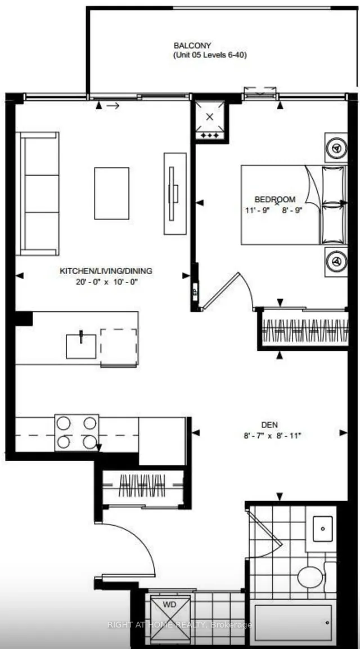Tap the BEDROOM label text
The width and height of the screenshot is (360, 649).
[x=275, y=199]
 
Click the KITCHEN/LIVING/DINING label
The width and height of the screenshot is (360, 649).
[x=106, y=271]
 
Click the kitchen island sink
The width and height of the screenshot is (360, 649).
[x=81, y=345]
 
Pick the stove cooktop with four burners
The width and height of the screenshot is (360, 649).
[x=76, y=432]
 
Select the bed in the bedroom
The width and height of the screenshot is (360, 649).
[x=281, y=204]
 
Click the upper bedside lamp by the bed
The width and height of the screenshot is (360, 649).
[x=336, y=147]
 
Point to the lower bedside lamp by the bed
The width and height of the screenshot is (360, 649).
[x=336, y=261]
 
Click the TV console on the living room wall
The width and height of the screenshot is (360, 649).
[x=174, y=193]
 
